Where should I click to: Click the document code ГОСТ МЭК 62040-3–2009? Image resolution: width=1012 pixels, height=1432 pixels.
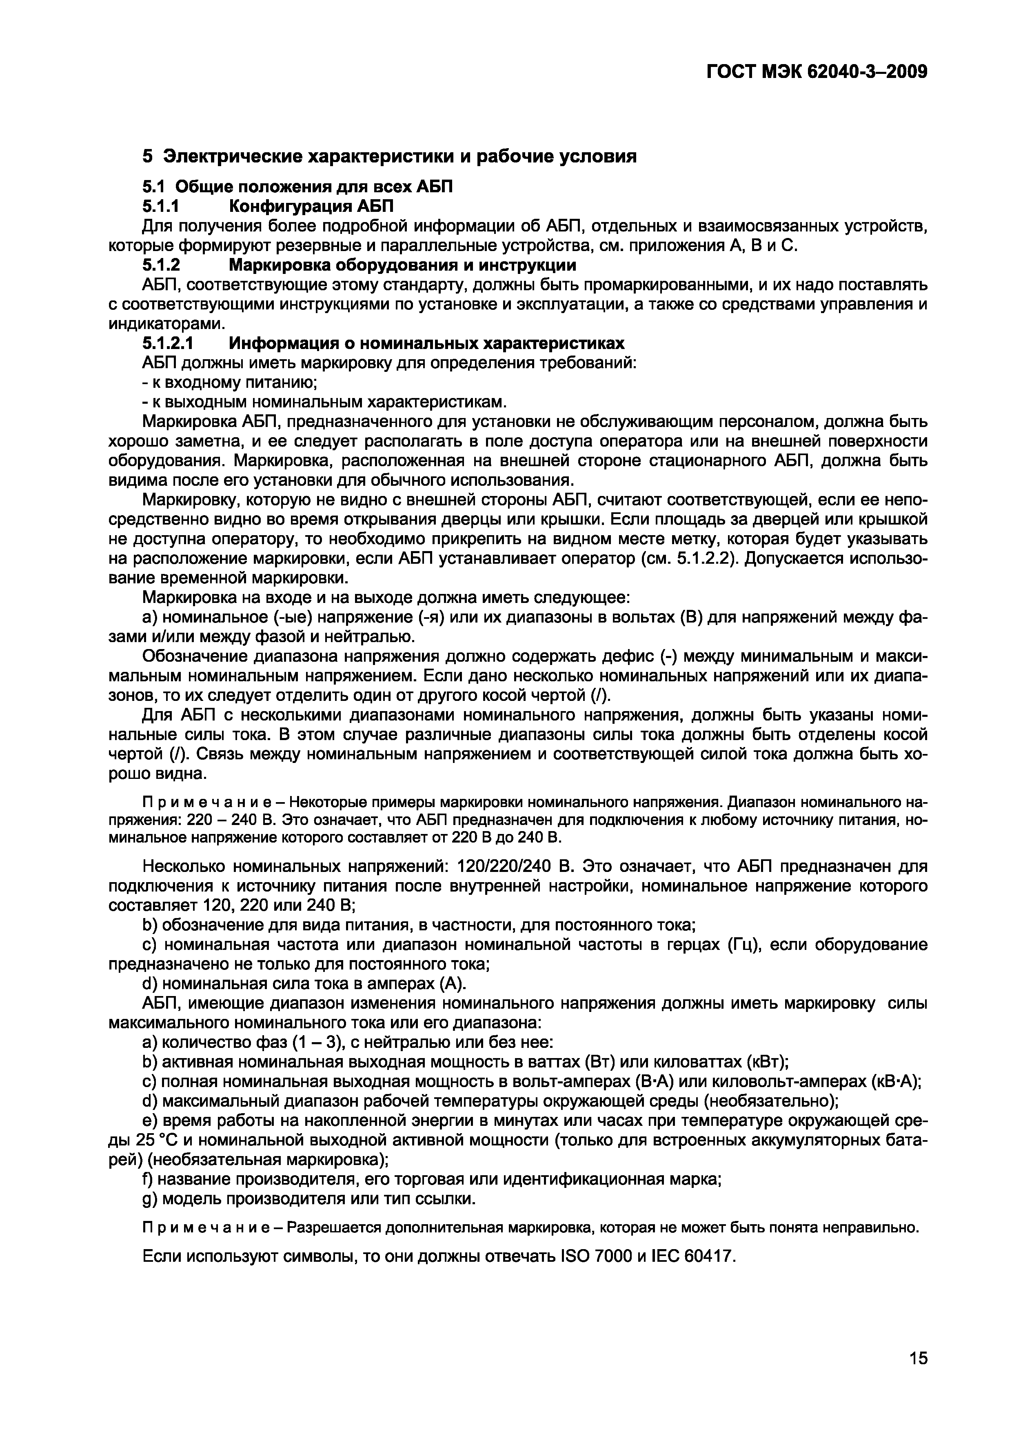(x=817, y=73)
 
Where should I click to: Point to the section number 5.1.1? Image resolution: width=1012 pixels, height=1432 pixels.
(x=161, y=206)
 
